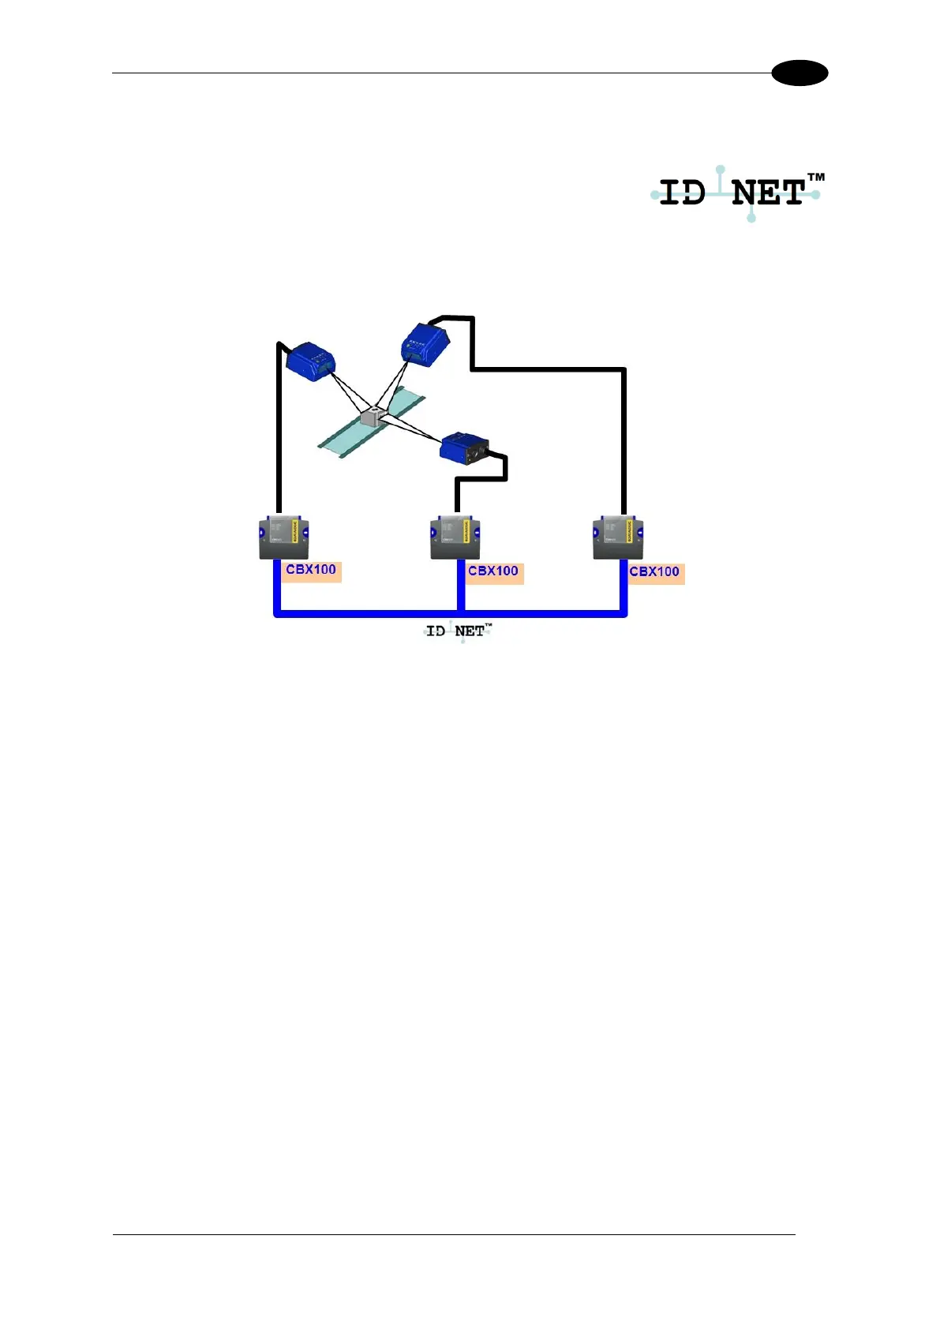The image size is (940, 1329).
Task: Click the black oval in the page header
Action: tap(800, 73)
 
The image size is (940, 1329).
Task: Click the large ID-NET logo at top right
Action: tap(736, 193)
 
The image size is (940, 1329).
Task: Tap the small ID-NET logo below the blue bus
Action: tap(459, 631)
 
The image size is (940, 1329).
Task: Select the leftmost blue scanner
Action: tap(310, 361)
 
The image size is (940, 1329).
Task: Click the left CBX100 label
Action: tap(311, 570)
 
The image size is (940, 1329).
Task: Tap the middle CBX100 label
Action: tap(493, 571)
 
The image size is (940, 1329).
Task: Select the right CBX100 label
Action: tap(655, 572)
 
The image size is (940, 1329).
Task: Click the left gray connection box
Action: tap(283, 537)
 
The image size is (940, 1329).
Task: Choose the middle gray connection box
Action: tap(455, 537)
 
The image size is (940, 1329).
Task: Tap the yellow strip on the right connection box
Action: tap(629, 530)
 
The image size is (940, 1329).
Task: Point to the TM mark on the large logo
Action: tap(815, 178)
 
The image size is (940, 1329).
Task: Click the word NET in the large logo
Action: tap(767, 193)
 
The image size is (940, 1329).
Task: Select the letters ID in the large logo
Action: tap(682, 193)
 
